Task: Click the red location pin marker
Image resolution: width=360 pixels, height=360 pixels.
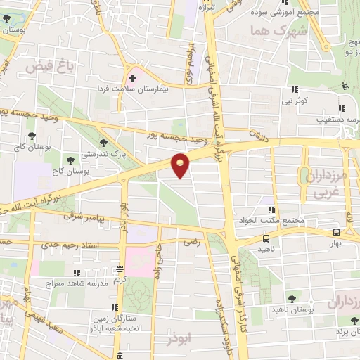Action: coord(181,166)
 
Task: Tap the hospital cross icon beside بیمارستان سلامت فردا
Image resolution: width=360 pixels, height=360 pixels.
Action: coord(132,78)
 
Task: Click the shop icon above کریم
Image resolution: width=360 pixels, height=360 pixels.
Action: coord(121,268)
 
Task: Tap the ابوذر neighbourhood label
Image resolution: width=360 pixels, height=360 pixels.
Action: coord(179,339)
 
